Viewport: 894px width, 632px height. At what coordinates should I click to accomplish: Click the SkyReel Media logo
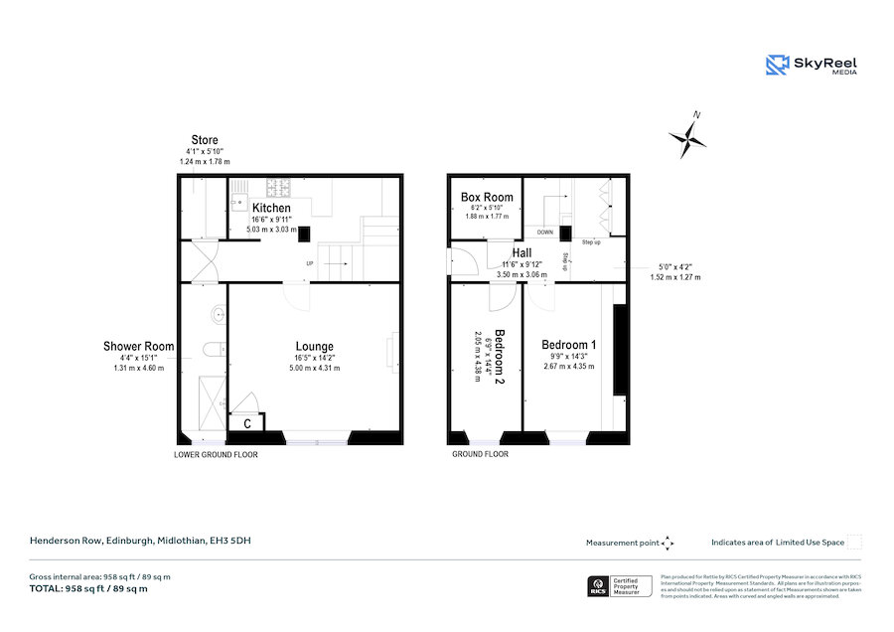[x=812, y=66]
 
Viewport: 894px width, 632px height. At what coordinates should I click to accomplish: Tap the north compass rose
[x=687, y=139]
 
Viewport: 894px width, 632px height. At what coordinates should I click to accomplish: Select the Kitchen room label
[x=271, y=208]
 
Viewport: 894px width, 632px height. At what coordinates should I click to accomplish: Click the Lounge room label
[x=314, y=347]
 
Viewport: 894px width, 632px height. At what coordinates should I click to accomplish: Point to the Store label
[x=205, y=140]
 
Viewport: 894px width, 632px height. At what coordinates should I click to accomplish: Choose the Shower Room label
[x=138, y=347]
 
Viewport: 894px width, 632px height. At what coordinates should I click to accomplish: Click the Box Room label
[x=487, y=198]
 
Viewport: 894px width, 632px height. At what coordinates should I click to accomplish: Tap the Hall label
[x=521, y=254]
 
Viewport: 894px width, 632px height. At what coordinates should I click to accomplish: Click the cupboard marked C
[x=245, y=423]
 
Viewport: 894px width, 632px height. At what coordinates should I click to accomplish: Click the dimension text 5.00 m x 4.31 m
[x=314, y=368]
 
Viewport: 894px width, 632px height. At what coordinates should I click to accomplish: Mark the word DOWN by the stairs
[x=545, y=232]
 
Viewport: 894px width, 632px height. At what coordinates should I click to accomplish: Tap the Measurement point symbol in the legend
[x=668, y=543]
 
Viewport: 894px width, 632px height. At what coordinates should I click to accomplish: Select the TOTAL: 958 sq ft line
[x=88, y=589]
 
